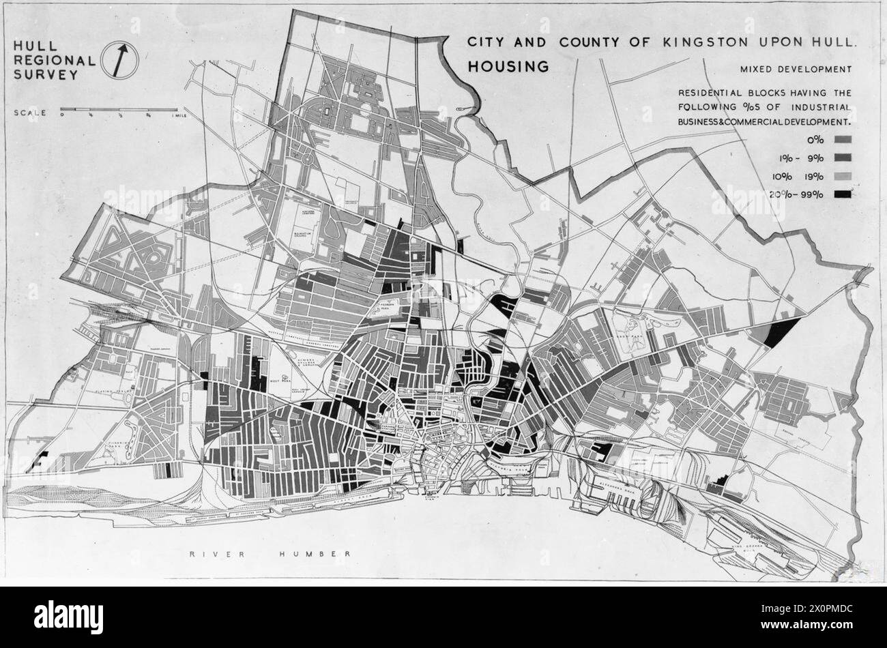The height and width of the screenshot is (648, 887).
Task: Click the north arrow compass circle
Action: [x=120, y=60]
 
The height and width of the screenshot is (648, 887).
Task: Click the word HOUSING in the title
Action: [x=508, y=66]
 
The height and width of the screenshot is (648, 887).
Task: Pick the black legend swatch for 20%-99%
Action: [x=843, y=194]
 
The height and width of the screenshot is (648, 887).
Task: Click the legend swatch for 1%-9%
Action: [x=843, y=158]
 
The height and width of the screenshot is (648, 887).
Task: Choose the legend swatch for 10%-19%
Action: [x=843, y=176]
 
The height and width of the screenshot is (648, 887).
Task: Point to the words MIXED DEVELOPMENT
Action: [x=795, y=69]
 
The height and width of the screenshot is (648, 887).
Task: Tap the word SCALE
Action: [x=30, y=113]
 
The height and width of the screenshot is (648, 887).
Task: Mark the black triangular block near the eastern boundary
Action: [x=780, y=332]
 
